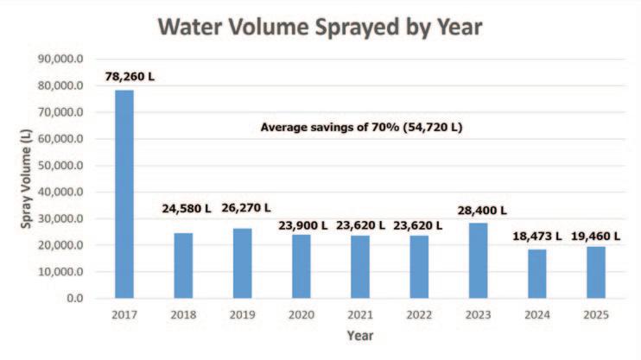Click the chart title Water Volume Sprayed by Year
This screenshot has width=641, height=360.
click(x=320, y=28)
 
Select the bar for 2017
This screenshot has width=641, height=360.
click(x=125, y=194)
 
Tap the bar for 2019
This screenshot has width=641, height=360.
click(x=244, y=263)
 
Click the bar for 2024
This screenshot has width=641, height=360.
click(x=538, y=274)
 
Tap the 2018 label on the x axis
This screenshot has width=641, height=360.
click(x=184, y=314)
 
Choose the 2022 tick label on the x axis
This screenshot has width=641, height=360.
click(x=420, y=314)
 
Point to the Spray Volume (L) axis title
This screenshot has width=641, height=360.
click(x=29, y=180)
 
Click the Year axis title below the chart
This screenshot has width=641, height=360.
click(x=360, y=335)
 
